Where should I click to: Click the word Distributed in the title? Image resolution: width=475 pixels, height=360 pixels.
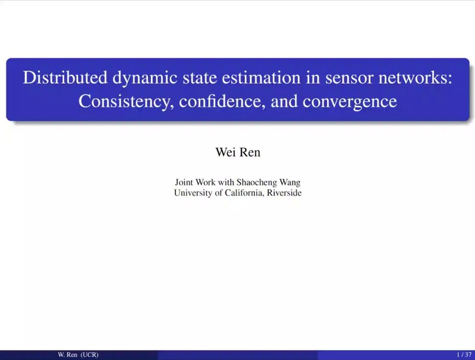click(x=65, y=77)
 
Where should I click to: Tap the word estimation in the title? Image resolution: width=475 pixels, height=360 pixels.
click(x=261, y=77)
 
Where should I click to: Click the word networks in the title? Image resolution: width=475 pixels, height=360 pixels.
click(x=414, y=77)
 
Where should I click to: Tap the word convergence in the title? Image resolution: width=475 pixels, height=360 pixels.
click(x=350, y=102)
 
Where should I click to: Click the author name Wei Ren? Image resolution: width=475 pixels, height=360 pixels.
click(x=238, y=152)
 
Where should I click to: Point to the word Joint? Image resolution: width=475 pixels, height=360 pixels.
click(x=184, y=182)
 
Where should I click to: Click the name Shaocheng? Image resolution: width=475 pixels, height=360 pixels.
click(x=257, y=183)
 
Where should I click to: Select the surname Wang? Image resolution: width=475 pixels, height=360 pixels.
click(x=290, y=183)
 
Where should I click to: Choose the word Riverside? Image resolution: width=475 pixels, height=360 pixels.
click(x=284, y=193)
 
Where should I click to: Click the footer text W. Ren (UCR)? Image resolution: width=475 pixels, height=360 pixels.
click(x=78, y=355)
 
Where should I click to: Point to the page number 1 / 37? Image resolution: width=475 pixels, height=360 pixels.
click(x=464, y=355)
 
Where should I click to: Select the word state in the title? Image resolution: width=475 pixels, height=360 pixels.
click(x=200, y=78)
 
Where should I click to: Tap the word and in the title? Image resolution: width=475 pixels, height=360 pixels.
click(x=284, y=101)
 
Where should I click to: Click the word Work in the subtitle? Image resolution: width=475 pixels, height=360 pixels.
click(x=205, y=182)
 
